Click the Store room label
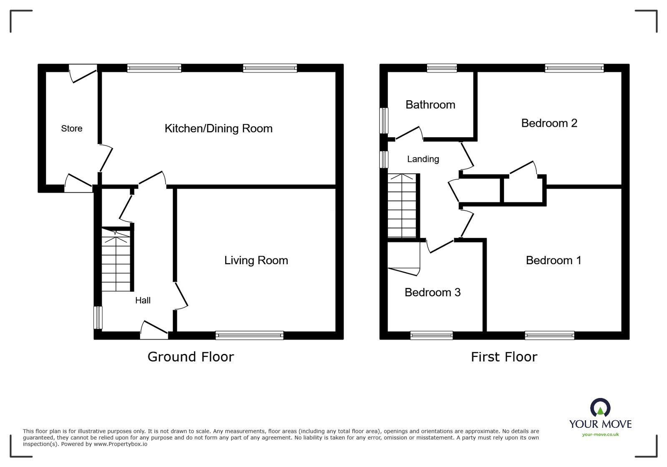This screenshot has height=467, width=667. click(72, 129)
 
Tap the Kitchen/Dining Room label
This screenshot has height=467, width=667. click(219, 129)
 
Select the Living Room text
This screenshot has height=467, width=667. click(256, 260)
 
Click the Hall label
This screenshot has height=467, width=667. click(143, 300)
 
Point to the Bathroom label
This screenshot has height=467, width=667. click(430, 105)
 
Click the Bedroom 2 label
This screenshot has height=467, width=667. click(549, 123)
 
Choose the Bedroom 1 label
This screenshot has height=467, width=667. click(554, 260)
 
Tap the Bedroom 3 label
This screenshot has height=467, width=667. click(433, 293)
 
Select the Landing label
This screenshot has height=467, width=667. click(423, 159)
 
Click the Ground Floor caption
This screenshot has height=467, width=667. click(191, 357)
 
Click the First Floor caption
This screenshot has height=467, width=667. click(504, 357)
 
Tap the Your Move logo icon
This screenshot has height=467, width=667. click(600, 408)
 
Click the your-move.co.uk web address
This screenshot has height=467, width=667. click(600, 434)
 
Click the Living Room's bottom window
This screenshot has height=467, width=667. click(249, 335)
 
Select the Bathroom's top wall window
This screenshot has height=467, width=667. click(442, 68)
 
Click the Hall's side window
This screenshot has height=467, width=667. click(98, 318)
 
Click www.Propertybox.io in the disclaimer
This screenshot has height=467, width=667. click(120, 444)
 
